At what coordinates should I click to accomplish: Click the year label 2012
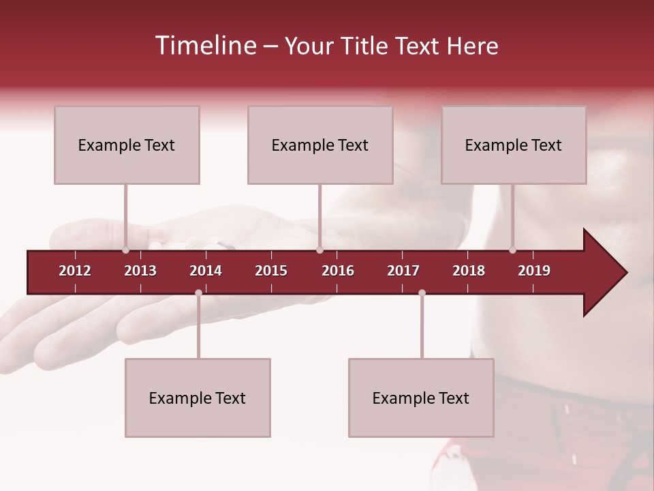pyautogui.click(x=75, y=271)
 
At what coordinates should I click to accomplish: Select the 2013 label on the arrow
pyautogui.click(x=140, y=271)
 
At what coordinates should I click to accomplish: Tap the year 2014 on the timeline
pyautogui.click(x=206, y=271)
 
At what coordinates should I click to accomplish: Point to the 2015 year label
pyautogui.click(x=271, y=271)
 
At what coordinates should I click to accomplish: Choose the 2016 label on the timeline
pyautogui.click(x=338, y=271)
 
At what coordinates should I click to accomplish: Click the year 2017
pyautogui.click(x=403, y=271)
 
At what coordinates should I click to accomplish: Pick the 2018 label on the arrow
pyautogui.click(x=469, y=271)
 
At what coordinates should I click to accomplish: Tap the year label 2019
pyautogui.click(x=534, y=271)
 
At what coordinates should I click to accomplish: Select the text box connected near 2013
pyautogui.click(x=127, y=145)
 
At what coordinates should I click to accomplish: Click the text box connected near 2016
pyautogui.click(x=320, y=145)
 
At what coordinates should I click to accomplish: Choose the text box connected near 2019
pyautogui.click(x=514, y=145)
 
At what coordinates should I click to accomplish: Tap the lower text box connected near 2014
pyautogui.click(x=198, y=398)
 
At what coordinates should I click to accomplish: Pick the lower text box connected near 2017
pyautogui.click(x=421, y=398)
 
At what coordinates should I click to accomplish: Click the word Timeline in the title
pyautogui.click(x=204, y=46)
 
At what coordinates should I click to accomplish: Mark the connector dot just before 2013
pyautogui.click(x=125, y=250)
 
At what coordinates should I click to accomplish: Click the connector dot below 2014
pyautogui.click(x=198, y=293)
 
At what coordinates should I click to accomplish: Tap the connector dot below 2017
pyautogui.click(x=422, y=293)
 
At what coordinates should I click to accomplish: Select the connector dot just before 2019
pyautogui.click(x=512, y=250)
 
